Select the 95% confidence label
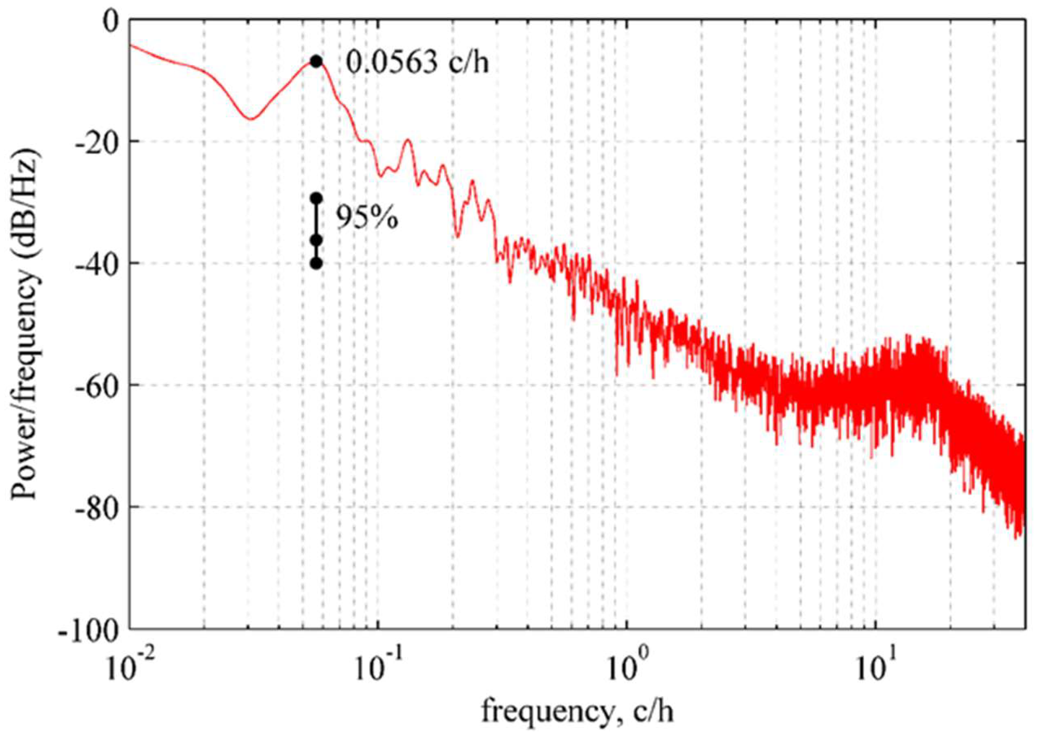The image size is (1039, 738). tap(367, 219)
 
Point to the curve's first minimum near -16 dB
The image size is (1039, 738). tap(250, 119)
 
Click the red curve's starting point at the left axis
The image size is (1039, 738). tap(131, 45)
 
